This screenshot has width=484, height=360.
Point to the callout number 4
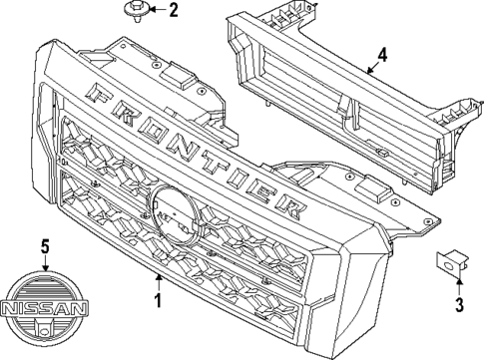(382, 54)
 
